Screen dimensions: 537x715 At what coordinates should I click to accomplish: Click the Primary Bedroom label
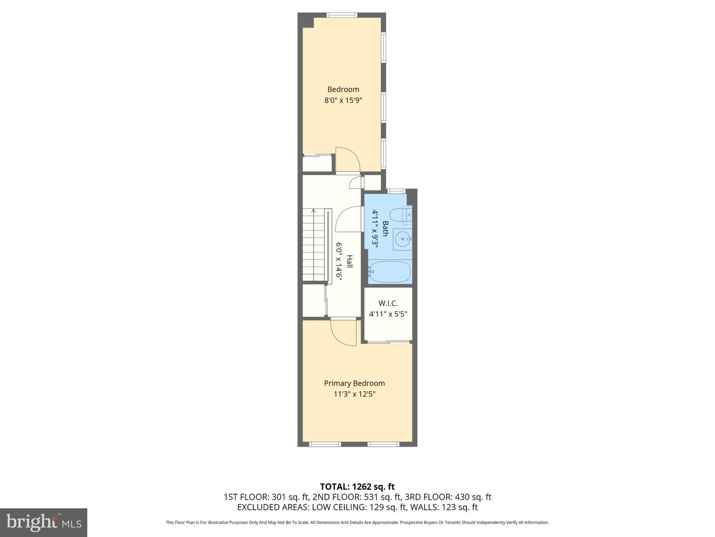[x=354, y=383]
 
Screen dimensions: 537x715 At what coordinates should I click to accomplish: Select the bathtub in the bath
[x=390, y=272]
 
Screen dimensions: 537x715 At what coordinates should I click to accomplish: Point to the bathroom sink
[x=402, y=239]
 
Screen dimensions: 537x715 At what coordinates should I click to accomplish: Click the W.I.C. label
[x=388, y=303]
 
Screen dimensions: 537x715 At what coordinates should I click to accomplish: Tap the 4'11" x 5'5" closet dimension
[x=388, y=314]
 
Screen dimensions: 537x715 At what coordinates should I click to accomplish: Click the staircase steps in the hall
[x=313, y=248]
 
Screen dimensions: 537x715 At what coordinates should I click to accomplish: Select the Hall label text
[x=349, y=262]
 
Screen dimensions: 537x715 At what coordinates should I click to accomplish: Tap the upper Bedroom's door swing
[x=348, y=160]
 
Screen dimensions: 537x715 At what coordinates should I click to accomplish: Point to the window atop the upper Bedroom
[x=342, y=15]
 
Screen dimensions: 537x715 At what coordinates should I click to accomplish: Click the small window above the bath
[x=396, y=191]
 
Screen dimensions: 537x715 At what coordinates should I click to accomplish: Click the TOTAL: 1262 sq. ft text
[x=357, y=487]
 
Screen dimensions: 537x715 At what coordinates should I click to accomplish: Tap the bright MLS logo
[x=43, y=523]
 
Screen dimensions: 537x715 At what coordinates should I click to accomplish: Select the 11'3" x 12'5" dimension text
[x=354, y=394]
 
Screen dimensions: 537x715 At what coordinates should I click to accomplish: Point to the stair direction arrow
[x=314, y=211]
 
